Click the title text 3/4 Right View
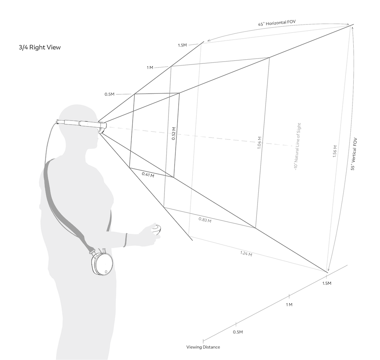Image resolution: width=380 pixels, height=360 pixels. pyautogui.click(x=40, y=47)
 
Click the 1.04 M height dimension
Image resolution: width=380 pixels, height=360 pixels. pyautogui.click(x=259, y=143)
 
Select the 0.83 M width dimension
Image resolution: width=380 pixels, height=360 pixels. pyautogui.click(x=205, y=220)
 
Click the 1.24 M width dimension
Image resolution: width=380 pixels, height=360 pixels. pyautogui.click(x=246, y=254)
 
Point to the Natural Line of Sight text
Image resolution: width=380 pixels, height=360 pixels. pyautogui.click(x=297, y=147)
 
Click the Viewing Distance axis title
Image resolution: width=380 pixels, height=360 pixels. pyautogui.click(x=203, y=347)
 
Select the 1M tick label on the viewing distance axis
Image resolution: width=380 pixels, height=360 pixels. pyautogui.click(x=289, y=304)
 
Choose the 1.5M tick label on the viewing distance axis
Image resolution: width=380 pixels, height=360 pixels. pyautogui.click(x=327, y=284)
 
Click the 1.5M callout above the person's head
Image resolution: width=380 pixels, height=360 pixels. pyautogui.click(x=183, y=45)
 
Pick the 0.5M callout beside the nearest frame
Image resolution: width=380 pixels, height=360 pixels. pyautogui.click(x=109, y=94)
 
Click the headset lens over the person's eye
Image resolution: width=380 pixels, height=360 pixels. pyautogui.click(x=101, y=127)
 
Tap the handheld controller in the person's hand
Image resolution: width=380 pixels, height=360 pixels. pyautogui.click(x=158, y=229)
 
